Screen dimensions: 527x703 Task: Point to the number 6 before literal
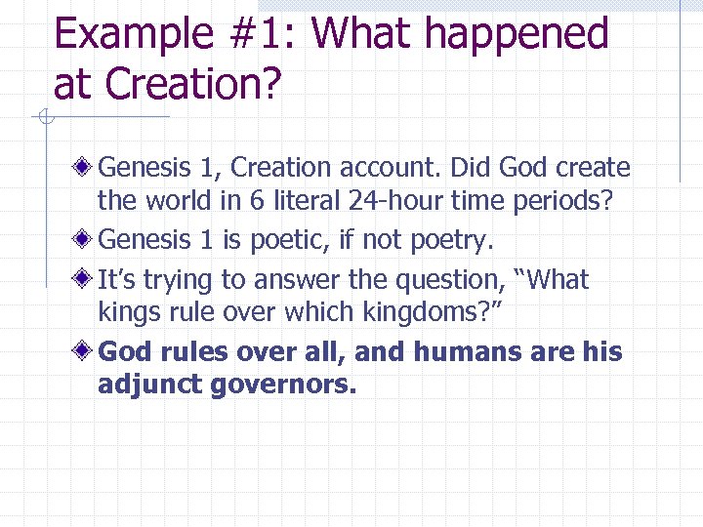(x=255, y=202)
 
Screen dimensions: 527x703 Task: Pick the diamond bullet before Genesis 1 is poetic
(x=87, y=238)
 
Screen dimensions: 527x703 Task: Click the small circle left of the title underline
(x=44, y=118)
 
